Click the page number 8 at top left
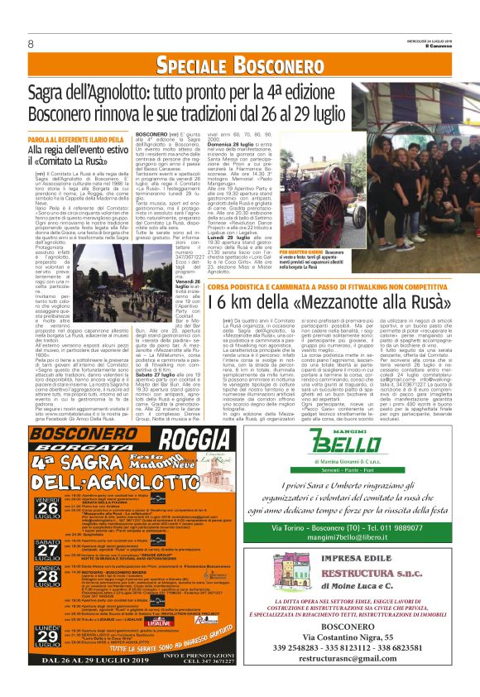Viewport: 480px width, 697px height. (30, 43)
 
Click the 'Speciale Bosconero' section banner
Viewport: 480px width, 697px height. (239, 66)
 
